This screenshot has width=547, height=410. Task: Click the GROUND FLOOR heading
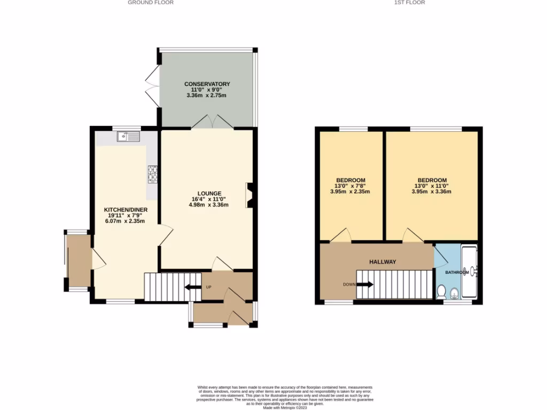pos(151,3)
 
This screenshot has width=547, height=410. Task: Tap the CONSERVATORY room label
pos(207,84)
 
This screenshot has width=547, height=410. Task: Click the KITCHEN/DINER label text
pos(126,209)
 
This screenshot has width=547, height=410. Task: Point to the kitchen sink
pos(128,138)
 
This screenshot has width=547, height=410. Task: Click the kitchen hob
pos(152,174)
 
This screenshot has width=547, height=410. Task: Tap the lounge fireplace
pos(249,195)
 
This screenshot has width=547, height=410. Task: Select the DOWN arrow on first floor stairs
pos(365,284)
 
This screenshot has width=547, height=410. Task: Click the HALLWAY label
pos(383,262)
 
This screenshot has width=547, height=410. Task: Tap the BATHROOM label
pos(457,272)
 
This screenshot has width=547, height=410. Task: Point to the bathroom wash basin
pos(454,292)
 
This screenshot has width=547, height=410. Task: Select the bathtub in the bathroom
pos(470,272)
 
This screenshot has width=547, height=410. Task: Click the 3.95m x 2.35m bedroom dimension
pos(350,192)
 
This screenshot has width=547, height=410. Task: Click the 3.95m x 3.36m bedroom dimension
pos(432,192)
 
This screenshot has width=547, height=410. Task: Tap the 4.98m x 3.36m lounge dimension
pos(208,204)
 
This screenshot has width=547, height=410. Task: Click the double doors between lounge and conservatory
pos(213,123)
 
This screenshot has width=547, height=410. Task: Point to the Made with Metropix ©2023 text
pos(284,407)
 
